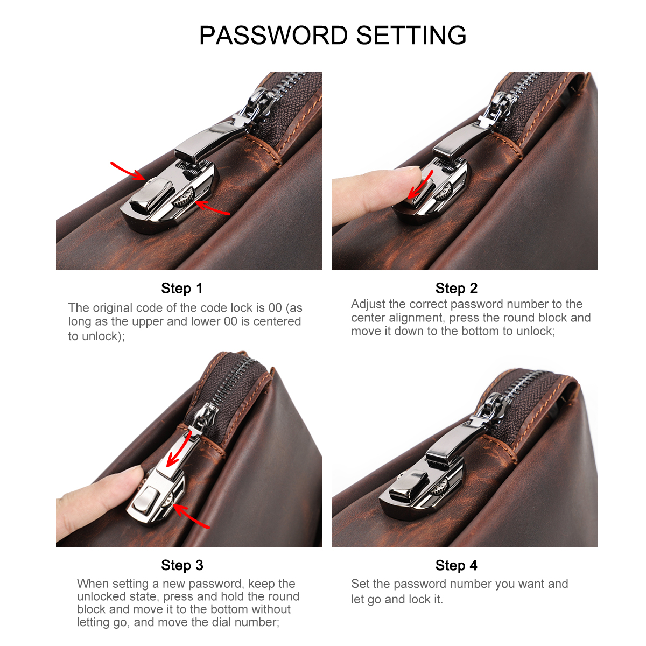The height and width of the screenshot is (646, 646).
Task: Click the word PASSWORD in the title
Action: (273, 35)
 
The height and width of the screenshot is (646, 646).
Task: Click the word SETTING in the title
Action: (411, 35)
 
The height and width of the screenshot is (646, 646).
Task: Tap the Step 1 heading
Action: (182, 288)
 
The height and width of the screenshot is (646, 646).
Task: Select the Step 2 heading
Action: (457, 288)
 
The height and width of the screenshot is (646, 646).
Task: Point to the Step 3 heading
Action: (182, 565)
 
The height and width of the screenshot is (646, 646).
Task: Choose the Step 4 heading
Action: (457, 565)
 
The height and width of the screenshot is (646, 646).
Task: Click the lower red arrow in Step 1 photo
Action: (212, 207)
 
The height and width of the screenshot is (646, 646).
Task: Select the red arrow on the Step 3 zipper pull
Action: (179, 449)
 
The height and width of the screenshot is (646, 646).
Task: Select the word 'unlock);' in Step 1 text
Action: (103, 336)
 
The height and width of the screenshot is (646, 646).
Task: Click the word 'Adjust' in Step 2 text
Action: (368, 304)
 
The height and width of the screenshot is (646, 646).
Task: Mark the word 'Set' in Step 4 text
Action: (360, 584)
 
